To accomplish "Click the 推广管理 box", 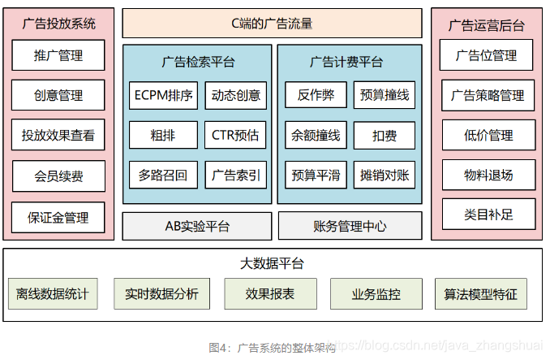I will [58, 56].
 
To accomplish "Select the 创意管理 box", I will [58, 95].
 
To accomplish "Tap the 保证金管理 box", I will [58, 217].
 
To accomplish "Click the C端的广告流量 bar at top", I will [272, 24].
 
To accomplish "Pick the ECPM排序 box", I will [163, 95].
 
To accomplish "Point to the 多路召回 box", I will [163, 175].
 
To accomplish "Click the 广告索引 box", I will [235, 175].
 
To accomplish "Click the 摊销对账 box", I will [385, 175].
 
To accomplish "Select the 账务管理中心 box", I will [350, 226].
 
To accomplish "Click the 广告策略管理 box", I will [487, 95].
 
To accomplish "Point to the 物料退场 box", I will [487, 175].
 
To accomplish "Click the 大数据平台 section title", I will [272, 263].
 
